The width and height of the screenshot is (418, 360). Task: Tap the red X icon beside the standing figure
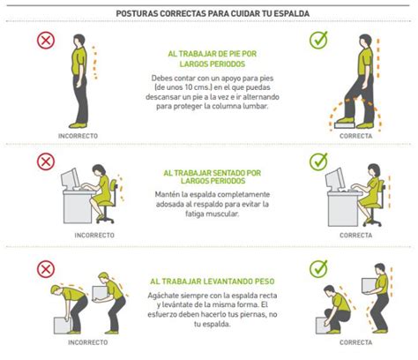pyautogui.click(x=45, y=41)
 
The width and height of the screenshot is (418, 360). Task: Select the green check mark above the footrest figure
pyautogui.click(x=318, y=41)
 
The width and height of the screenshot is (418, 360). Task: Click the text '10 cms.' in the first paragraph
pyautogui.click(x=189, y=87)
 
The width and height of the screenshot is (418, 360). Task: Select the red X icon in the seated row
pyautogui.click(x=45, y=161)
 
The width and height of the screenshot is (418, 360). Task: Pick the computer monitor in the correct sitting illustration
pyautogui.click(x=335, y=178)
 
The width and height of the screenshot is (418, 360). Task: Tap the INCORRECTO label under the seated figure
pyautogui.click(x=94, y=236)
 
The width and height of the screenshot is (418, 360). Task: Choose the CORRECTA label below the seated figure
pyautogui.click(x=355, y=236)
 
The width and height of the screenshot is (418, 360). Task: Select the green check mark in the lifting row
pyautogui.click(x=318, y=268)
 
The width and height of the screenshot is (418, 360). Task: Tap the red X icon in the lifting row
pyautogui.click(x=45, y=268)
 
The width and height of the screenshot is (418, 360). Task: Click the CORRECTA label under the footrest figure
pyautogui.click(x=355, y=136)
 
